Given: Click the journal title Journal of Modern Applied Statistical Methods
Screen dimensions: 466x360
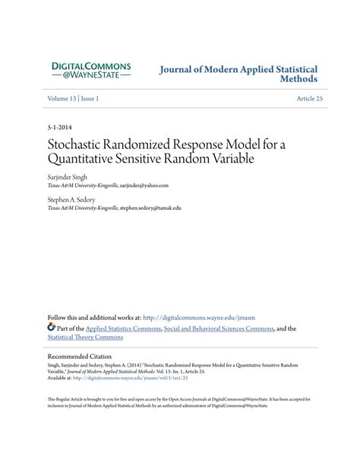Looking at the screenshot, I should tap(238, 73).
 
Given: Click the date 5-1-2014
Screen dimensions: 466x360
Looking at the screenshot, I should tap(60, 128).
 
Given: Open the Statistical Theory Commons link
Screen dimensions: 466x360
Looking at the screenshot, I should tap(85, 338).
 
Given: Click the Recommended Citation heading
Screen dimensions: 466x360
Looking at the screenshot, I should tap(79, 356).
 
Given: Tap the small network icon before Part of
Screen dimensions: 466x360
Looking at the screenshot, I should tap(52, 328).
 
